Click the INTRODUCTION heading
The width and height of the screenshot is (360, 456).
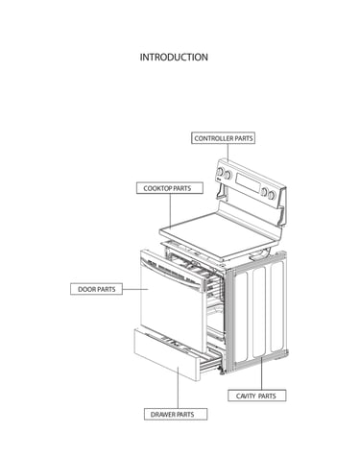[x=174, y=58]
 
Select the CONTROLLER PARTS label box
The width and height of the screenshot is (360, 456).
[x=223, y=138]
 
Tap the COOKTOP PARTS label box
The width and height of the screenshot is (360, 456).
[x=170, y=188]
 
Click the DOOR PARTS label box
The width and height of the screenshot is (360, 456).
[x=96, y=289]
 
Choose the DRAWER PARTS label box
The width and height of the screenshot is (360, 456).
[x=176, y=414]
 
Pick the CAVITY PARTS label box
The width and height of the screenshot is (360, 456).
[x=256, y=396]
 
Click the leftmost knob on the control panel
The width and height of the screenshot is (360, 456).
[x=220, y=171]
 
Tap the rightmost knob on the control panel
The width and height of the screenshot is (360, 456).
[x=272, y=195]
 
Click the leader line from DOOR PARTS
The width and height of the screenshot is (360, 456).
[x=135, y=289]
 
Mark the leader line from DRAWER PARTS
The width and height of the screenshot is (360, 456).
[x=179, y=387]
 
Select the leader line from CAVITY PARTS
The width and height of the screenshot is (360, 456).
[x=261, y=373]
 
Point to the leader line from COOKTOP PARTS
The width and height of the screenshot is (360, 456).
[x=170, y=211]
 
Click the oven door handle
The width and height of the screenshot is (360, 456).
[x=174, y=274]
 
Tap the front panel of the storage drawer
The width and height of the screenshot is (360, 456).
[x=165, y=354]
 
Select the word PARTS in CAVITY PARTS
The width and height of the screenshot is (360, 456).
[x=267, y=396]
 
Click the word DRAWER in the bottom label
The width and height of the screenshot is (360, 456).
[x=162, y=415]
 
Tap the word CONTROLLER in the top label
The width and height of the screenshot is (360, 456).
[x=214, y=138]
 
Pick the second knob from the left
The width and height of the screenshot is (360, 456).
[x=228, y=175]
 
